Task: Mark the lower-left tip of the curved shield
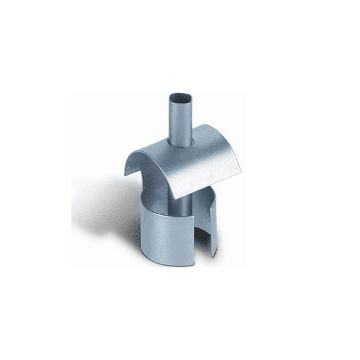pos(129,176)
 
